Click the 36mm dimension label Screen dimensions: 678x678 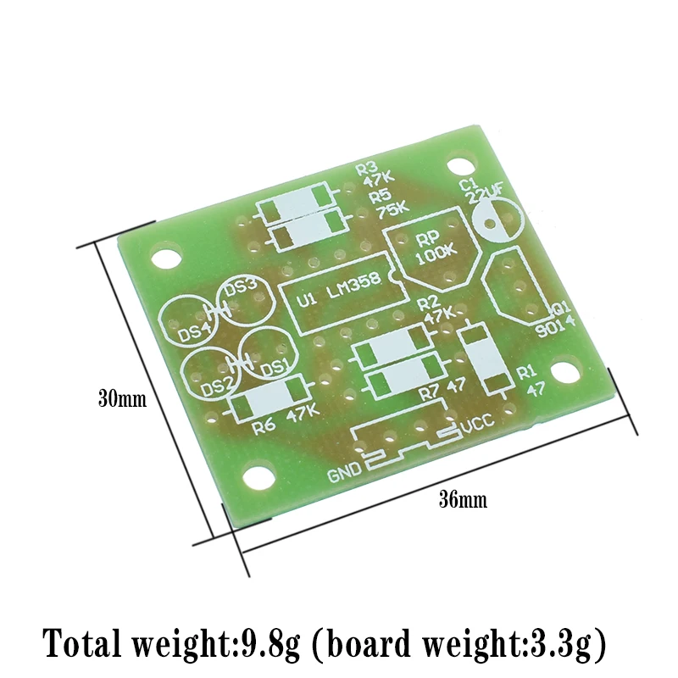(x=462, y=500)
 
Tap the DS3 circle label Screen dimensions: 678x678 (x=241, y=286)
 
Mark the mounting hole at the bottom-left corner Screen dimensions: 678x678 (x=255, y=479)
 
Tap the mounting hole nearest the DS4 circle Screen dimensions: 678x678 (x=168, y=258)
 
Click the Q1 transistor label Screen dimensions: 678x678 (x=561, y=309)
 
